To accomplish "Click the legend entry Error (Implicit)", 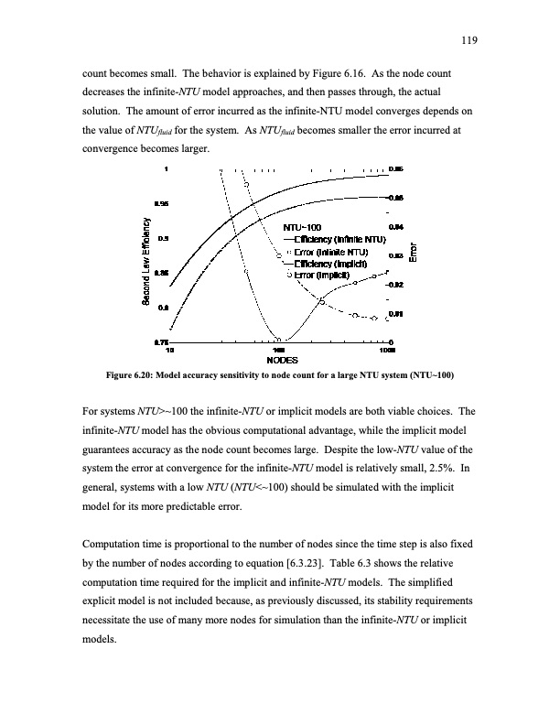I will click(x=319, y=274).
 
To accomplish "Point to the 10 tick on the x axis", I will click(x=169, y=351).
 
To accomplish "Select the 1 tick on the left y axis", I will click(x=166, y=169).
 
